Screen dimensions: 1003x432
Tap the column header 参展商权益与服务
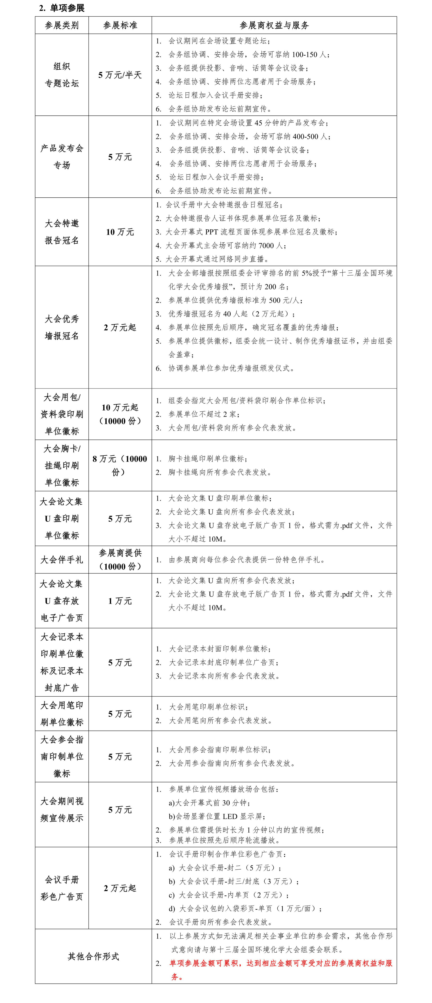(274, 25)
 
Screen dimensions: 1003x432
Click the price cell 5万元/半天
(120, 75)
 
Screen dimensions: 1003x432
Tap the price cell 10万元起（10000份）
(120, 414)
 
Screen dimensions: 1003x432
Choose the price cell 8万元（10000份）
(120, 465)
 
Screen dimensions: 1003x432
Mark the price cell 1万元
(120, 601)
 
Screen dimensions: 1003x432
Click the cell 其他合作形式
(93, 956)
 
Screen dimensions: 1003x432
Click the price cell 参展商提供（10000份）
(120, 560)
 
